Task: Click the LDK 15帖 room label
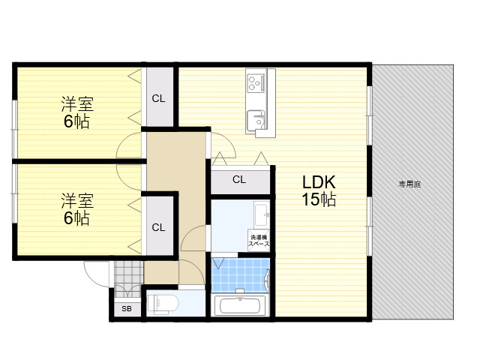(x=319, y=190)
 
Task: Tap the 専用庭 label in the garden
(x=409, y=184)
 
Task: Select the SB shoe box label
(x=127, y=308)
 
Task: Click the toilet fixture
(x=163, y=304)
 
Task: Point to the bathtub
(x=240, y=305)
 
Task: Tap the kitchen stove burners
(x=255, y=82)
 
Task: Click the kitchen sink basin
(x=256, y=120)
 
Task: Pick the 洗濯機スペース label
(x=259, y=241)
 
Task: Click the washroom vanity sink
(x=262, y=214)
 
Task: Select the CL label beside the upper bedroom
(x=158, y=98)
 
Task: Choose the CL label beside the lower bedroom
(x=158, y=227)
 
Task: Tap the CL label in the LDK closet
(x=239, y=179)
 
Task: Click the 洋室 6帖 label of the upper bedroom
(x=77, y=112)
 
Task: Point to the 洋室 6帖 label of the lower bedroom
(x=77, y=209)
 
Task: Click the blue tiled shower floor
(x=240, y=275)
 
